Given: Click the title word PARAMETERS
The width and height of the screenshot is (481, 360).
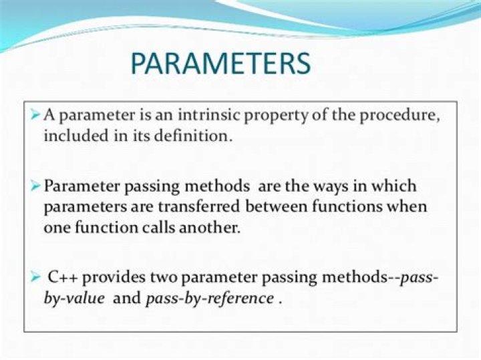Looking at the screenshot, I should (x=220, y=63).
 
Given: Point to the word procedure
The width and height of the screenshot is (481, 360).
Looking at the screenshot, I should (x=402, y=115).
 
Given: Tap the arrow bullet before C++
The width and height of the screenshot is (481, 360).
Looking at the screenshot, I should (x=35, y=275).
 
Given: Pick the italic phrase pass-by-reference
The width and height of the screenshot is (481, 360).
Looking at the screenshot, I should (x=209, y=298).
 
